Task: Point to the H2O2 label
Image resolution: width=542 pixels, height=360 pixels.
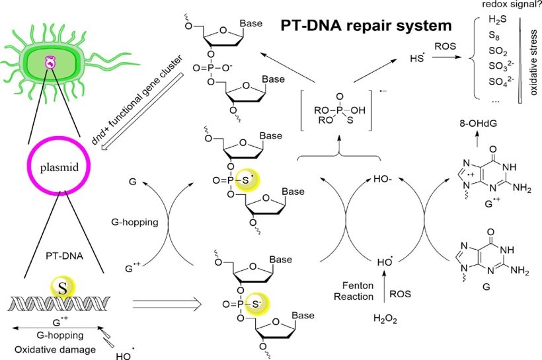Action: pos(386,320)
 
